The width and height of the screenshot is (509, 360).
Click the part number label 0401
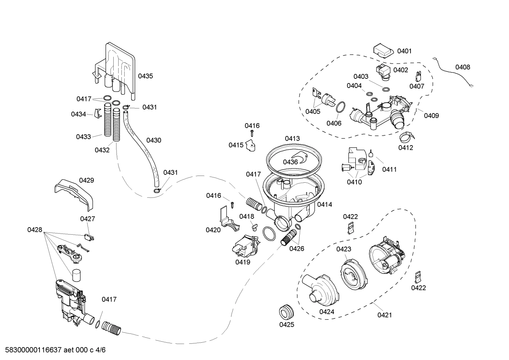pyautogui.click(x=404, y=51)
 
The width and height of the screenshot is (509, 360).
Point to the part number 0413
pyautogui.click(x=292, y=138)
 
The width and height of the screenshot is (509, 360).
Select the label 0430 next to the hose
pyautogui.click(x=154, y=140)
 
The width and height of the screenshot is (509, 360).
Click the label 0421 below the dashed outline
pyautogui.click(x=384, y=315)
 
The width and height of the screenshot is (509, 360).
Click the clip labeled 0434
pyautogui.click(x=98, y=113)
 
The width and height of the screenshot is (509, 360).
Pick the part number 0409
pyautogui.click(x=431, y=116)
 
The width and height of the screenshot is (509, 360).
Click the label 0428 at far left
pyautogui.click(x=35, y=230)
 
